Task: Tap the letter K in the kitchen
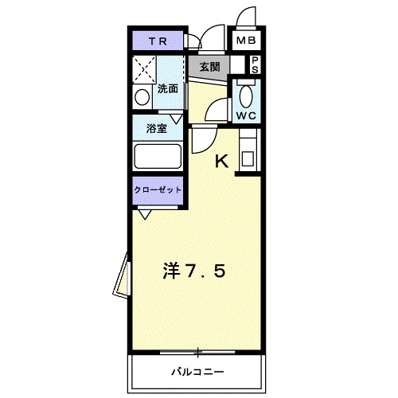(x=221, y=162)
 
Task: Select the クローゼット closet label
(x=158, y=190)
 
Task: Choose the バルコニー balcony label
(x=197, y=372)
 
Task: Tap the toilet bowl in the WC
(x=246, y=96)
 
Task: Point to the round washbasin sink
(x=142, y=98)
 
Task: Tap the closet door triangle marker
(x=145, y=213)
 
